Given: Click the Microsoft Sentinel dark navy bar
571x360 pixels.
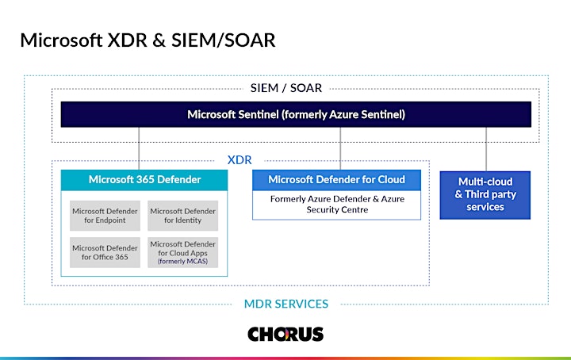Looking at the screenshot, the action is coord(296,114).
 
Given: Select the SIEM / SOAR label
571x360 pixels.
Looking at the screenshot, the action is coord(285,88).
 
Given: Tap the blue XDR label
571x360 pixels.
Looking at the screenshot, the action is coord(240,160).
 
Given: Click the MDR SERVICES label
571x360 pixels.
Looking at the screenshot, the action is coord(285,304).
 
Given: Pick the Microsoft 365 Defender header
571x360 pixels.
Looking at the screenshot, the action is coord(144,180).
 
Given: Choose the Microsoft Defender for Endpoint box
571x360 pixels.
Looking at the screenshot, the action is coord(105,216).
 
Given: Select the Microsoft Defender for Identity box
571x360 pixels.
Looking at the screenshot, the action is coord(183,216).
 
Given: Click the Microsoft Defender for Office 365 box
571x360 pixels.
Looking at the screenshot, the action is coord(105,252).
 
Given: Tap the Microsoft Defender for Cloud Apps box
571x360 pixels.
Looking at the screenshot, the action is coord(183,252).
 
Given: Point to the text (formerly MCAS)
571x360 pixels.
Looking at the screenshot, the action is coord(183,262).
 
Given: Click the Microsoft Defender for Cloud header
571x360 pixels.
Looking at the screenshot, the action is coord(336,180).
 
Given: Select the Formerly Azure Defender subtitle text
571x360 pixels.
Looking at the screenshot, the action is coord(337,205).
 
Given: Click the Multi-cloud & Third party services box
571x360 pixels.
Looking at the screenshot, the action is coord(485,195).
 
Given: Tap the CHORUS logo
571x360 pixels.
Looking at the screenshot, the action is coord(285,334).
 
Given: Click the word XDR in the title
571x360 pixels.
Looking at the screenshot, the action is coord(127,40).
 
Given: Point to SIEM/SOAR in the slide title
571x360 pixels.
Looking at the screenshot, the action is coord(223,40).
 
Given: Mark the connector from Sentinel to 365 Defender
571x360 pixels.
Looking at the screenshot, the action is coord(139,148).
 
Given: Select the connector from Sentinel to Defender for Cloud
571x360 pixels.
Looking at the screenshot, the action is coord(340,148).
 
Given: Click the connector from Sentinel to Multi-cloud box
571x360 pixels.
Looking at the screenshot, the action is coord(486,149).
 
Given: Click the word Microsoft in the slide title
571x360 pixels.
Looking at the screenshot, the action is coord(61,40).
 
